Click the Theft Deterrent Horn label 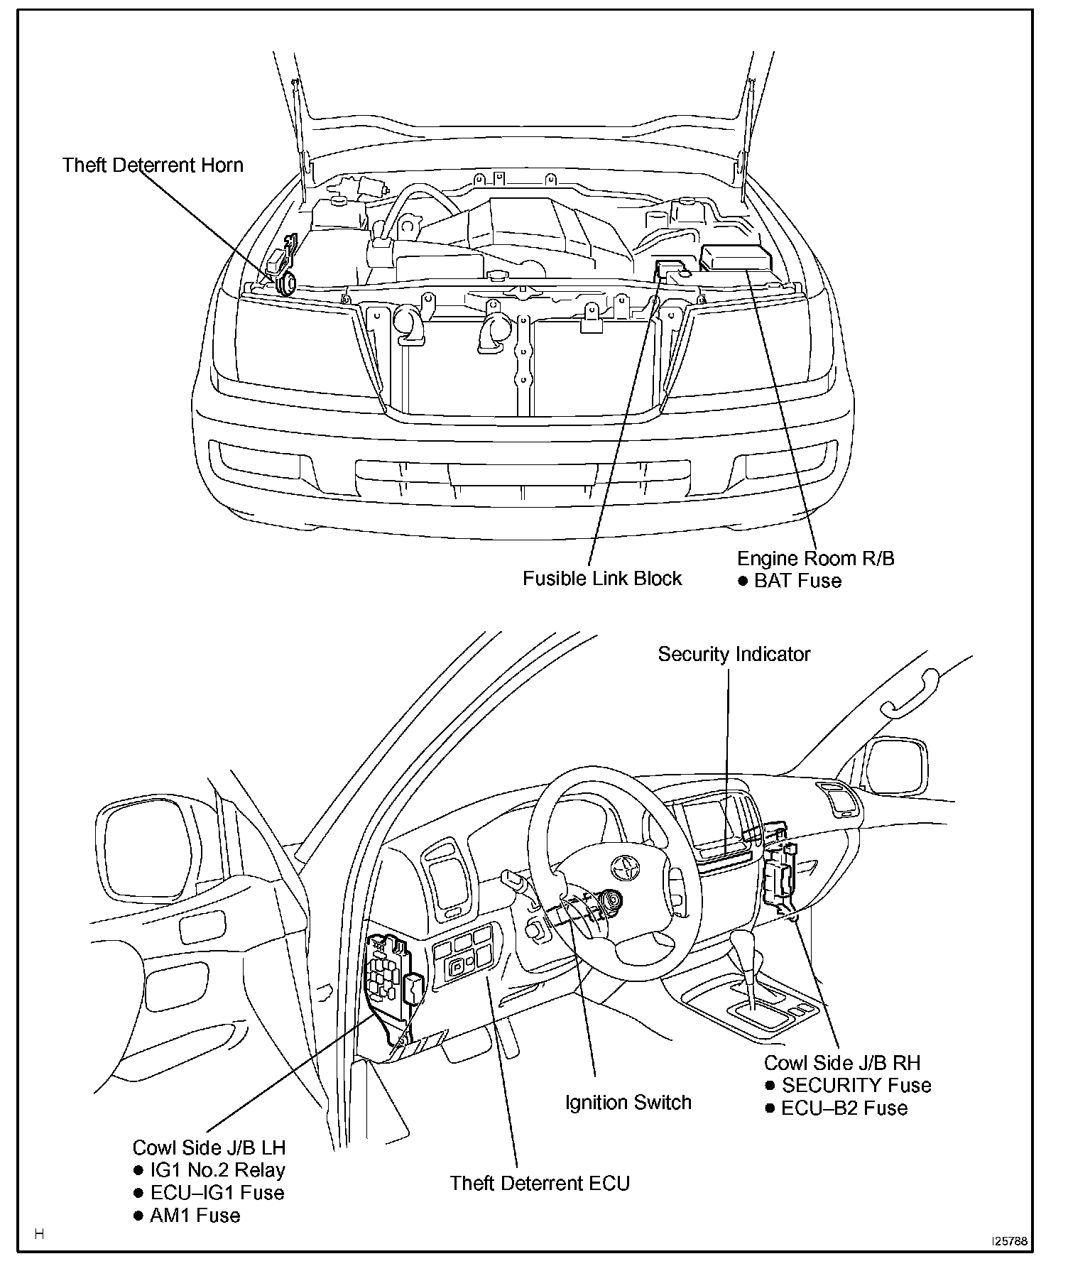pos(153,165)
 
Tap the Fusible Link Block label pos(602,578)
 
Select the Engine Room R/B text pos(816,558)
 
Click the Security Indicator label pos(734,654)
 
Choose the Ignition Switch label pos(628,1102)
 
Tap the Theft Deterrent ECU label pos(540,1183)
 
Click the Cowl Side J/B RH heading pos(841,1063)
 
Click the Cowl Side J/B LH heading pos(209,1147)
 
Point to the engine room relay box pos(734,258)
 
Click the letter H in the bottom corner pos(40,1234)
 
